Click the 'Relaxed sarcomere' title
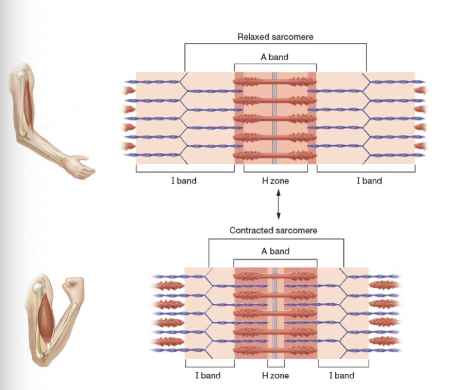[274, 37]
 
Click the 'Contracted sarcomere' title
[273, 230]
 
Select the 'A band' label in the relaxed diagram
[274, 57]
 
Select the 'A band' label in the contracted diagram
[275, 251]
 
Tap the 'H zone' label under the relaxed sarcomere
[275, 181]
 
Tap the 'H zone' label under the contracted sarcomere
[275, 376]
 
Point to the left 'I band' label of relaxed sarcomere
[184, 181]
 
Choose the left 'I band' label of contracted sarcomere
[207, 376]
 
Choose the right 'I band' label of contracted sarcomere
[342, 376]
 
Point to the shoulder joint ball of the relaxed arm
[21, 74]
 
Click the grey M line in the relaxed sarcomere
[275, 118]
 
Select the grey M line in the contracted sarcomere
[275, 312]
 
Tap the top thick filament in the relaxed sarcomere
[275, 82]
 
